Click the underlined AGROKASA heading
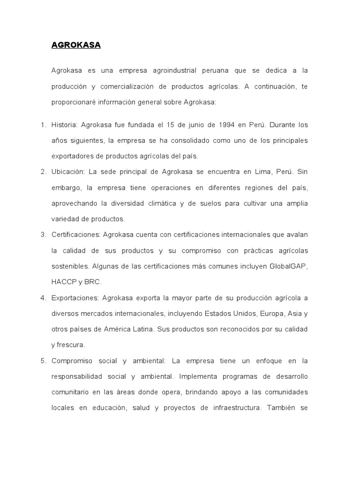pos(76,45)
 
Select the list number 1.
pos(42,125)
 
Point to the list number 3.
pos(42,234)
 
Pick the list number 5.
pos(42,361)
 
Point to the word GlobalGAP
pos(289,266)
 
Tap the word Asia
pos(293,314)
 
